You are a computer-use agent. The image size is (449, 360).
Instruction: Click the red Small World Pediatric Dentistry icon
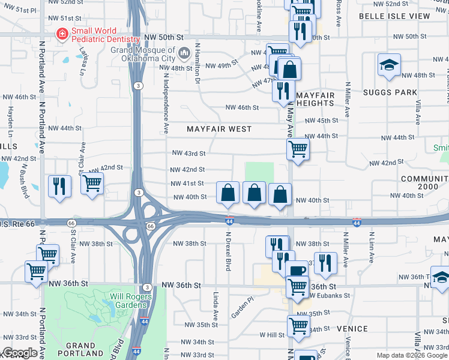click(61, 35)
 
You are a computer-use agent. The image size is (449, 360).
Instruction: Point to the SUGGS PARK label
click(390, 92)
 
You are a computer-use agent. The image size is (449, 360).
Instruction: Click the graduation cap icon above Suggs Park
click(389, 65)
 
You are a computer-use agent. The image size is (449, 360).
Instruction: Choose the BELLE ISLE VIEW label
click(394, 16)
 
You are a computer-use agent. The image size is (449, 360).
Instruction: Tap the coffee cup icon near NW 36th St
click(297, 270)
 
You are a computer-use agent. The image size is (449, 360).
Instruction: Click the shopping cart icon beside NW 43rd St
click(298, 149)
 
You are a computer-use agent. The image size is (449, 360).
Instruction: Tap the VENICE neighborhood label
click(352, 329)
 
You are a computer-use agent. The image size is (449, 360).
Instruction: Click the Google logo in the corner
click(19, 353)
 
